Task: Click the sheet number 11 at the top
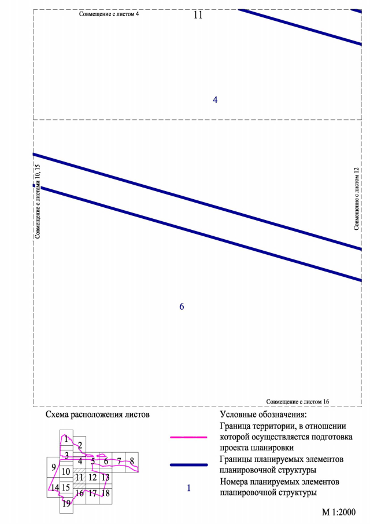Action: tap(198, 15)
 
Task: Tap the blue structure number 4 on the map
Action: tap(215, 100)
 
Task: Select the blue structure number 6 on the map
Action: tap(182, 306)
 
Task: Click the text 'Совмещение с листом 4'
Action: tap(109, 13)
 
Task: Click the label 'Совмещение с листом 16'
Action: tap(298, 401)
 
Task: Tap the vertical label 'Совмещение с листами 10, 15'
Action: tap(38, 201)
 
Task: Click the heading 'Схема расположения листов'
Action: tap(97, 415)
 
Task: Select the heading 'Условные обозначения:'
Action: tap(263, 415)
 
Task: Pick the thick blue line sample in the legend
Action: tap(188, 464)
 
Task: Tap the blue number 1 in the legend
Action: tap(188, 488)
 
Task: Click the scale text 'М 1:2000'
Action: tap(339, 512)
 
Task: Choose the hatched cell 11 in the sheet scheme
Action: tap(80, 477)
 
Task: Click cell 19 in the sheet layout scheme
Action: tap(66, 504)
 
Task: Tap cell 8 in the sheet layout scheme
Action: tap(132, 460)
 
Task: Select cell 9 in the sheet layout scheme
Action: tap(53, 467)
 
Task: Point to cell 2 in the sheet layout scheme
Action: tap(80, 445)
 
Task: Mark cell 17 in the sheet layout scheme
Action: tap(92, 493)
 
